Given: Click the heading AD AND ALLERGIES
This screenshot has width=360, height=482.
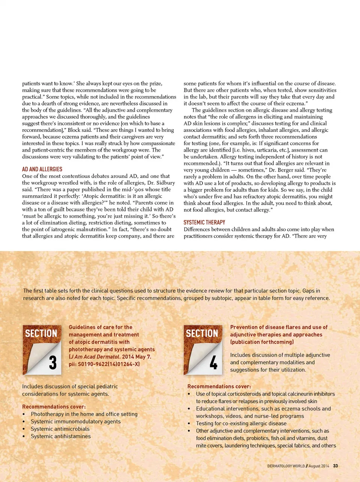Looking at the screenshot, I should pos(42,169).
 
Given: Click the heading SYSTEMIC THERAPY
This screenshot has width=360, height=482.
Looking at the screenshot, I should pos(204,223).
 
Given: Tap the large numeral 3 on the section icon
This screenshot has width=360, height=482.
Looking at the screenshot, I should pos(53,363).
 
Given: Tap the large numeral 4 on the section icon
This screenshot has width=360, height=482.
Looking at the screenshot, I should pos(213,363).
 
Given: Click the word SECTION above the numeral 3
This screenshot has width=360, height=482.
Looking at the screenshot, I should pos(41,333).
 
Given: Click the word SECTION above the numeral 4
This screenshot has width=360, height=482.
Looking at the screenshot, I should pos(202,333).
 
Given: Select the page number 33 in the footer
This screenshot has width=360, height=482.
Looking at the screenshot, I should pos(335,466).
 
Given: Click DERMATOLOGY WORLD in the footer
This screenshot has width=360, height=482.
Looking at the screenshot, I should pos(286,466).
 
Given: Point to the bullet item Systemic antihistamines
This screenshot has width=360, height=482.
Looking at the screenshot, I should pos(61,436).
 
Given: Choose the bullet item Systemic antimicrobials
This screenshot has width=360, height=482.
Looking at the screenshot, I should pos(60,429).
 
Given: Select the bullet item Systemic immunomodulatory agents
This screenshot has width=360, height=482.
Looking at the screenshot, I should pos(76,422).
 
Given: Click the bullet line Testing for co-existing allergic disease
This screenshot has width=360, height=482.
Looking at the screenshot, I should pos(241,423).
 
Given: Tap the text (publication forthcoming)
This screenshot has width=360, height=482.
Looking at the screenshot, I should pos(262,342).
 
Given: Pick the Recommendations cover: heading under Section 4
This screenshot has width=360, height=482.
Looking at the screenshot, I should pos(219,386).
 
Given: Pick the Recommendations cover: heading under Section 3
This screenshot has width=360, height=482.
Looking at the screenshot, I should pos(54,407).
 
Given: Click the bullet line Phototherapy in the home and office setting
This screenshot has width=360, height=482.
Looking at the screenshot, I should pos(84,414).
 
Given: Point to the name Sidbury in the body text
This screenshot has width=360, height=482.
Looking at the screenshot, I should pos(165,183).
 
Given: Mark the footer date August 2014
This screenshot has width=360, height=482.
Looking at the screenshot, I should pos(319,466).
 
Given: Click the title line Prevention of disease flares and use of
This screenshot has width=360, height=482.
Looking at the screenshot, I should pos(279,327).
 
